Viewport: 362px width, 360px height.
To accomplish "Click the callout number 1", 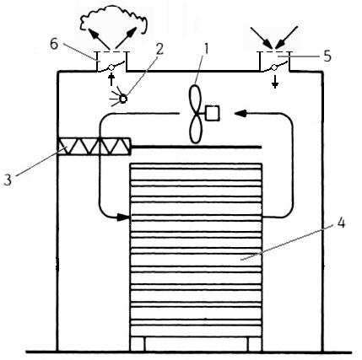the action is click(207, 49).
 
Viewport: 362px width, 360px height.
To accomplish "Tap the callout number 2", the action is click(159, 50).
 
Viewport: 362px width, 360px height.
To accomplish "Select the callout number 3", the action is click(8, 180).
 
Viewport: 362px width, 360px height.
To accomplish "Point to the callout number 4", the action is click(341, 223).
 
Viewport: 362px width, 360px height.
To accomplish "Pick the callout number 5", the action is click(327, 56).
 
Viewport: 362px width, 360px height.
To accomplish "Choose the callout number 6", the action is click(54, 44).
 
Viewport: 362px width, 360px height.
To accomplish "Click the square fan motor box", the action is click(213, 113).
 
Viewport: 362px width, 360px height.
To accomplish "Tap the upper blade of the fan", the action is click(196, 99).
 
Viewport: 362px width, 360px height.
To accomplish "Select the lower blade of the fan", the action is click(196, 128).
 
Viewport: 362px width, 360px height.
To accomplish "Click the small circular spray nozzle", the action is click(123, 99).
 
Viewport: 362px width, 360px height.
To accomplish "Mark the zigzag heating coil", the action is click(94, 146).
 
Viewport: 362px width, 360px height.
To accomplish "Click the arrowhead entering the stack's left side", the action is click(124, 217).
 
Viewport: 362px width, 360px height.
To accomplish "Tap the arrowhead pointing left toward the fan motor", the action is click(240, 113).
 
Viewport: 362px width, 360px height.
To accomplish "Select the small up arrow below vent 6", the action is click(111, 79).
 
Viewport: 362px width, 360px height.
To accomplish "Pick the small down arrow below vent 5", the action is click(275, 83).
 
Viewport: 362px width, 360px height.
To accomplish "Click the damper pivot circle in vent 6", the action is click(111, 67).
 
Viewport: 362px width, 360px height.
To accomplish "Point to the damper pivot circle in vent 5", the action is click(274, 67).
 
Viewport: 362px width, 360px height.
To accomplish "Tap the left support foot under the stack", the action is click(138, 344).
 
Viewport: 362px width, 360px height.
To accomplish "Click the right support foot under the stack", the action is click(255, 344).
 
